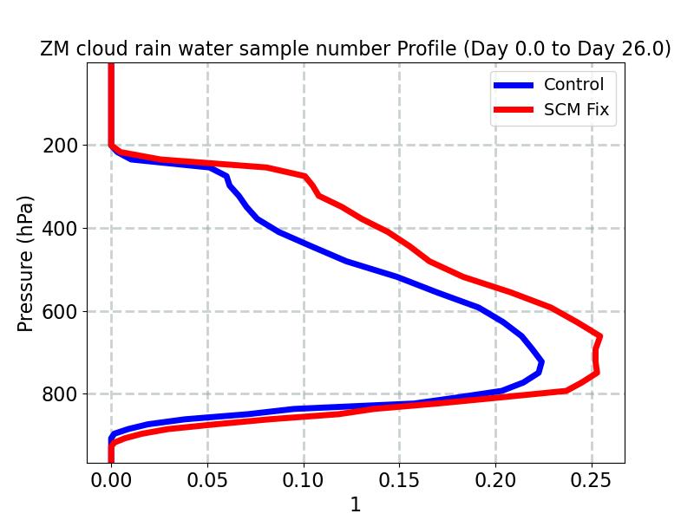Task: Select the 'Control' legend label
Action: [x=573, y=85]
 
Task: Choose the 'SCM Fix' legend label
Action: [x=576, y=110]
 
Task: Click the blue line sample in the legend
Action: [x=514, y=85]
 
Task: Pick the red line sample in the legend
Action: [x=514, y=110]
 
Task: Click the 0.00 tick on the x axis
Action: [x=111, y=479]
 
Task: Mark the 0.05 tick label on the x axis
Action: [x=207, y=479]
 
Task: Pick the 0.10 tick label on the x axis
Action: [x=304, y=479]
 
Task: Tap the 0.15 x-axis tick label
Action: [x=399, y=479]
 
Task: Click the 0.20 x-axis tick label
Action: [x=495, y=479]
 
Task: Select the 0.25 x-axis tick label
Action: [x=592, y=479]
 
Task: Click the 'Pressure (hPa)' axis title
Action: [x=26, y=263]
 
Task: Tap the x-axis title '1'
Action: [x=355, y=505]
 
